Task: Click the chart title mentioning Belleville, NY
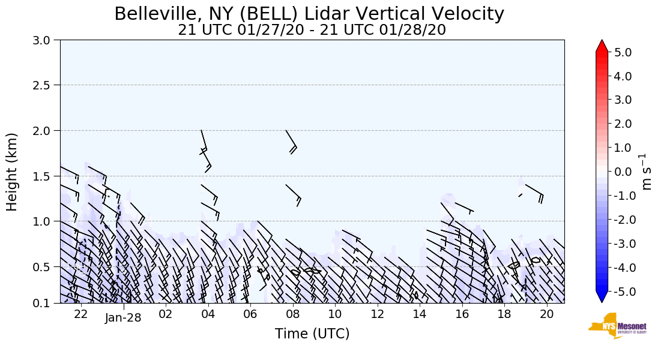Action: pyautogui.click(x=309, y=14)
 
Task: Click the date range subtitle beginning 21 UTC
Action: pyautogui.click(x=312, y=30)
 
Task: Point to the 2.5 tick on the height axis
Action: pyautogui.click(x=46, y=85)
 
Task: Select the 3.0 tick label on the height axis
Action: pyautogui.click(x=46, y=40)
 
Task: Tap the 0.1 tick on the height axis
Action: pyautogui.click(x=46, y=304)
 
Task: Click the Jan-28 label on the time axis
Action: pyautogui.click(x=123, y=317)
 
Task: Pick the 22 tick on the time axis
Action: pyautogui.click(x=81, y=315)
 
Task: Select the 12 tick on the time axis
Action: pyautogui.click(x=377, y=315)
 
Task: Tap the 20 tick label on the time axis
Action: pyautogui.click(x=546, y=315)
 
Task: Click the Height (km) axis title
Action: pyautogui.click(x=13, y=172)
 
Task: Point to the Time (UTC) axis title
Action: pyautogui.click(x=312, y=334)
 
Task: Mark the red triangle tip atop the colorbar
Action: pyautogui.click(x=602, y=43)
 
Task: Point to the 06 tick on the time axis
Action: pyautogui.click(x=250, y=315)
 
